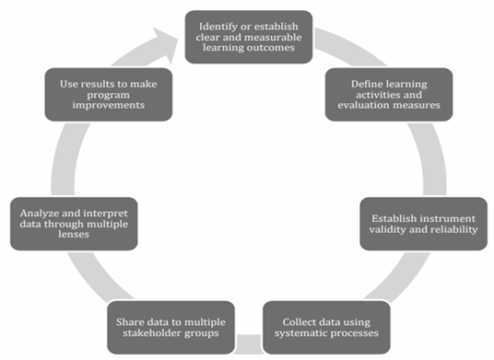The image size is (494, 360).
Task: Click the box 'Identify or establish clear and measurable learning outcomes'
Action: [249, 37]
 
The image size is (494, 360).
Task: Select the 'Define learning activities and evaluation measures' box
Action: [389, 95]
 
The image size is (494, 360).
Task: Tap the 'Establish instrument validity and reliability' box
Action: [423, 224]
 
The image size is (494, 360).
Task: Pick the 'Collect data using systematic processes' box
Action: [326, 327]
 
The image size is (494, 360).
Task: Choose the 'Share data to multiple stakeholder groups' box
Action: [171, 327]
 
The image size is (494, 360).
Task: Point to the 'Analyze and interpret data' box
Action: [74, 224]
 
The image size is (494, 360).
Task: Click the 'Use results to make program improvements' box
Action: [109, 95]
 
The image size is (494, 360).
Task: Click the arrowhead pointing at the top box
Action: [167, 44]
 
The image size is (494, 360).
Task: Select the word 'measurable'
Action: [276, 37]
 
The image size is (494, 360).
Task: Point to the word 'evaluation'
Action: [363, 105]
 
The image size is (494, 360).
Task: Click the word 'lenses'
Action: [74, 235]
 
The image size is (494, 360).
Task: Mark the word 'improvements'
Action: [109, 105]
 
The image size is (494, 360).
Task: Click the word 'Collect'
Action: [296, 322]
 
